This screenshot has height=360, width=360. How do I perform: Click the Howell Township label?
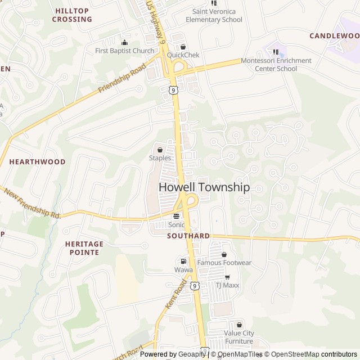[x=204, y=187]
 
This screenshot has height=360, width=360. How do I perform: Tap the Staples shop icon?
[x=160, y=150]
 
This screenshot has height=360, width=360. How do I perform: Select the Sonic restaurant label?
[x=177, y=224]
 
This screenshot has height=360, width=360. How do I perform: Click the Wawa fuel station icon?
[x=183, y=261]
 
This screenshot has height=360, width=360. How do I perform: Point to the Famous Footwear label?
[x=224, y=263]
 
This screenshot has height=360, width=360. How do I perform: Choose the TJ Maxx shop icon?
[x=227, y=277]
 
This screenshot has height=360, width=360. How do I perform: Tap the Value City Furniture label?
[x=239, y=337]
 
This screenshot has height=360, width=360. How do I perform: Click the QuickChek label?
[x=183, y=55]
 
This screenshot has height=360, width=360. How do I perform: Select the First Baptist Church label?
[x=124, y=51]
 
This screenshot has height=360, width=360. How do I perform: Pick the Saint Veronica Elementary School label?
[x=214, y=15]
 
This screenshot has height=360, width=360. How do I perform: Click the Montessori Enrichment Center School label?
[x=276, y=65]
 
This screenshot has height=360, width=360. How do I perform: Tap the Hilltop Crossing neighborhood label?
[x=72, y=15]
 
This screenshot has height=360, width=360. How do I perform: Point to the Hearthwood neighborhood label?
[x=37, y=161]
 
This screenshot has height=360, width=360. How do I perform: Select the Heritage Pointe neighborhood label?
[x=84, y=248]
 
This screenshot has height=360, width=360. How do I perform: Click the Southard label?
[x=188, y=236]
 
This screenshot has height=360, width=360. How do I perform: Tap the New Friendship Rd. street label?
[x=32, y=204]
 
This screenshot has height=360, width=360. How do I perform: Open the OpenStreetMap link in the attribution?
[x=292, y=354]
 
